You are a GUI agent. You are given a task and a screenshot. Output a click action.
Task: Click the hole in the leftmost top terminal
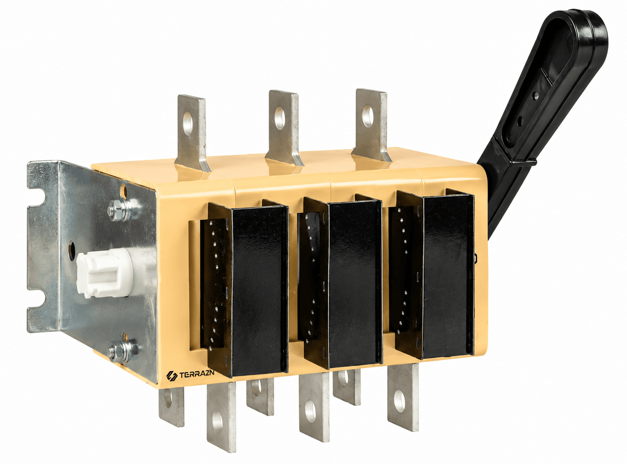tap(188, 124)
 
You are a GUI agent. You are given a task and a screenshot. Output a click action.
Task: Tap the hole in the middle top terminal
tap(279, 118)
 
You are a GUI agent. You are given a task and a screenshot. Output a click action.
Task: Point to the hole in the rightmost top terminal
tap(367, 116)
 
